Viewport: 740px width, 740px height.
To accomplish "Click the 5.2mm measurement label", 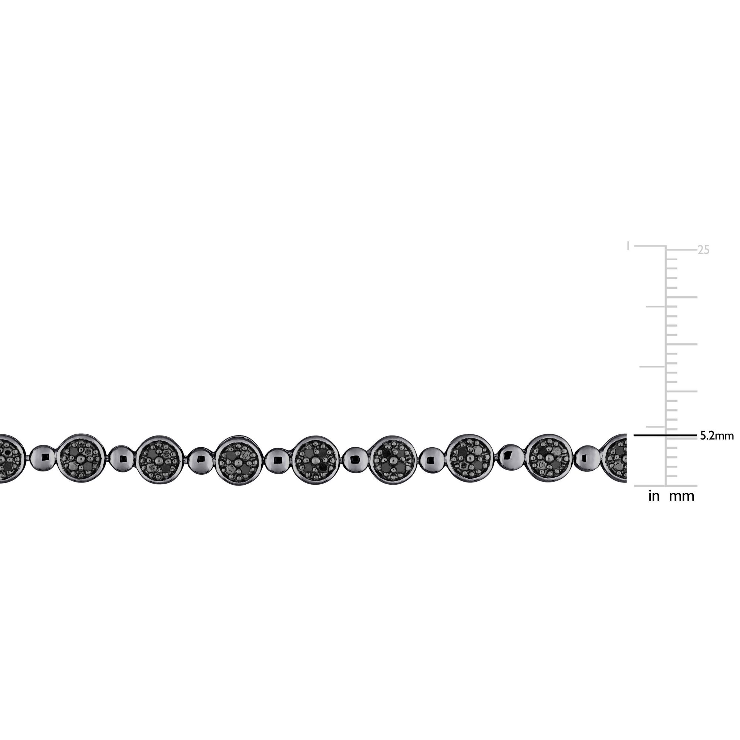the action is point(717,436).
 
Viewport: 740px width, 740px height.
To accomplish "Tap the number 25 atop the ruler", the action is point(704,250).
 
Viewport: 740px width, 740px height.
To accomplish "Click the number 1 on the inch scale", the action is point(628,246).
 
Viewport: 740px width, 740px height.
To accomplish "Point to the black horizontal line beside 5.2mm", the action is point(665,435).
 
